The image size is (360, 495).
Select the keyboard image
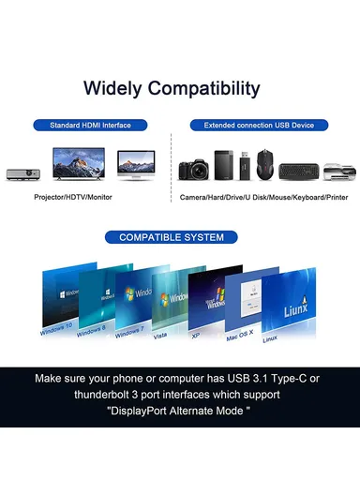click(x=299, y=172)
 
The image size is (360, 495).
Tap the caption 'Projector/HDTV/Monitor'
click(x=75, y=198)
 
